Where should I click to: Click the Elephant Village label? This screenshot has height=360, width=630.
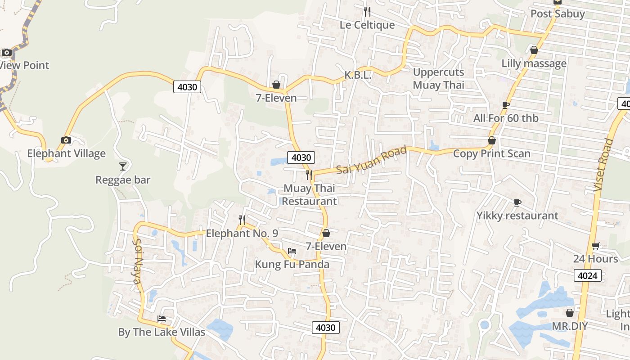66,153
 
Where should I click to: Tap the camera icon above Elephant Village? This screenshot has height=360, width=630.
66,140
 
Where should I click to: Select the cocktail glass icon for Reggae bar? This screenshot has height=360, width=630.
123,166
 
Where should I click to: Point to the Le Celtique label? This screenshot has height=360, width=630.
367,25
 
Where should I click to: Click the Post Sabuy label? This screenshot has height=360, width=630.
558,13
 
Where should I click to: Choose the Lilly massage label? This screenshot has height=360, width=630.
534,63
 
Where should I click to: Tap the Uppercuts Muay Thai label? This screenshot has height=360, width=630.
438,78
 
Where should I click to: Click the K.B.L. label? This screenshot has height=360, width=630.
358,75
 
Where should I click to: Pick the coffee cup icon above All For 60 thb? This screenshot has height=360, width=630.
506,105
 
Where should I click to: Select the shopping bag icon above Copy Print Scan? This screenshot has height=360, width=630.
492,141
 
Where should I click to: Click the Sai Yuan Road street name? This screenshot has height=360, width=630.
372,160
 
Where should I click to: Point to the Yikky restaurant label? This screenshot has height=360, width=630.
517,216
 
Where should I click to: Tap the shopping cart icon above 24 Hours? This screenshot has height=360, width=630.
596,246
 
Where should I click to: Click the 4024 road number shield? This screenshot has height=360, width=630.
588,275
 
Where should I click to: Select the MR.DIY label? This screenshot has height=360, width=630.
570,326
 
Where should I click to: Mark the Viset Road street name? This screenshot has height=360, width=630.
603,165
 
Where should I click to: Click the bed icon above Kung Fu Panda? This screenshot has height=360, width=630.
292,251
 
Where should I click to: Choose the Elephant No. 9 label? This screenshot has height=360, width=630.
242,233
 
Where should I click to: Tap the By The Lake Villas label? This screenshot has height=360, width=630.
162,332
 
